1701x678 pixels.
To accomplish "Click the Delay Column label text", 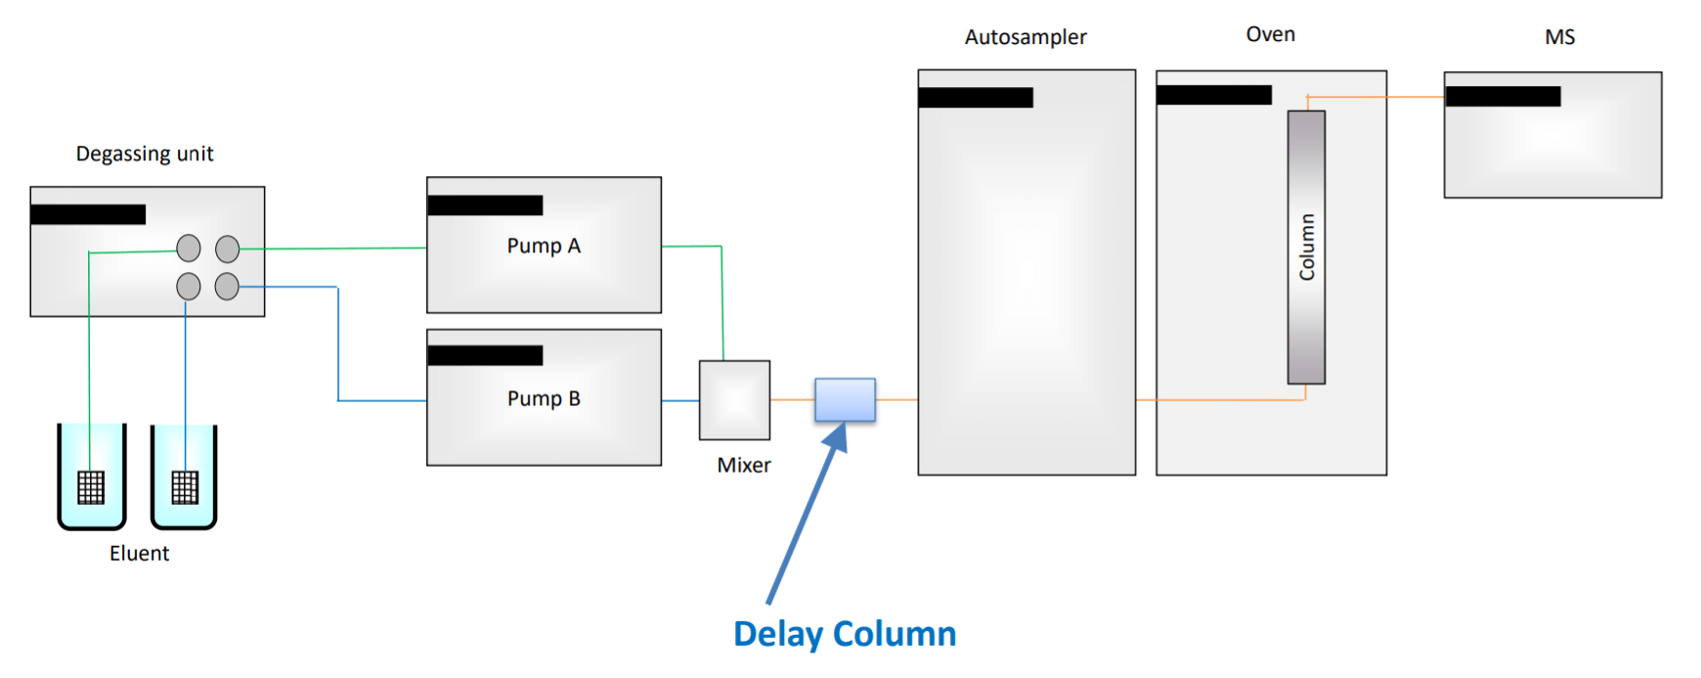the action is pos(845,634).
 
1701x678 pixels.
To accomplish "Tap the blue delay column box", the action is pos(846,400).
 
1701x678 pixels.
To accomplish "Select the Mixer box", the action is pos(734,400).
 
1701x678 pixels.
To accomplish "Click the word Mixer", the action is pos(744,466).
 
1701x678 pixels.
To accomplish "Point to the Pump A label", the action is pos(544,247).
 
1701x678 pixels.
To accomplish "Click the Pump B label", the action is pos(544,399).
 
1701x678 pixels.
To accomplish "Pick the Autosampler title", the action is pos(1025,37).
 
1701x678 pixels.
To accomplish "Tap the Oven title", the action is pos(1271,34).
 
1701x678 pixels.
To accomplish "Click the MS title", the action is pos(1559,37).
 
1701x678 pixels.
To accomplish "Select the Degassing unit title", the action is pos(145,154).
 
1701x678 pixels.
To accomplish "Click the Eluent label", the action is pos(139,554).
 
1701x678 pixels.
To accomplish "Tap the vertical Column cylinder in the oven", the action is pos(1306,248).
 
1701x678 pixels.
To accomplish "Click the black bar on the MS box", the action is pos(1503,96).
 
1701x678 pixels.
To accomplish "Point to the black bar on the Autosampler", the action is pos(976,97).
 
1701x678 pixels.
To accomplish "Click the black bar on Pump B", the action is pos(485,355).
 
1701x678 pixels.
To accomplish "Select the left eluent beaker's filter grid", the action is pos(91,487).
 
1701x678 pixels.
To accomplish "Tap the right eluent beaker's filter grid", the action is pos(185,487).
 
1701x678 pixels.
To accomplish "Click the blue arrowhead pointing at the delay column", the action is pos(836,436).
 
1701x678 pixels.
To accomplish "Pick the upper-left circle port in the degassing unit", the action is pos(189,249).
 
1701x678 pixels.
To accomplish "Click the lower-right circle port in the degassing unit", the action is pos(227,287).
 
